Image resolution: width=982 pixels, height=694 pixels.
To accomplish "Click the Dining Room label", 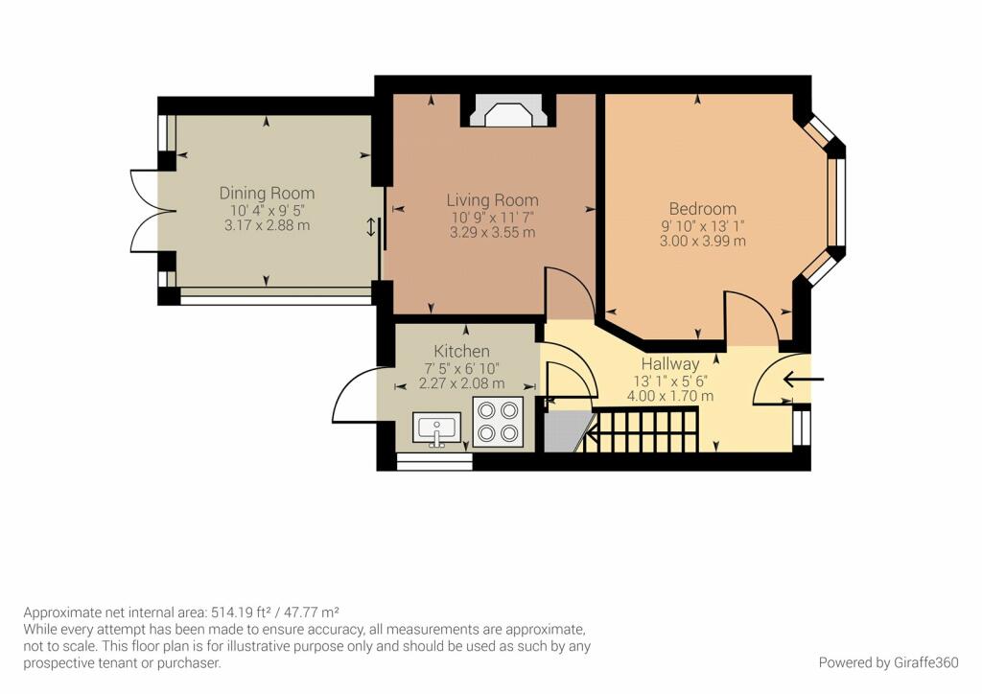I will [267, 193].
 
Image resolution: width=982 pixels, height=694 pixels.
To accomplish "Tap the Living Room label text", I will [492, 200].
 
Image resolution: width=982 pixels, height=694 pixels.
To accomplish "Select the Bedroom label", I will [702, 208].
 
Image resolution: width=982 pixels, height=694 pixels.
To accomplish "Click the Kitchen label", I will [461, 352].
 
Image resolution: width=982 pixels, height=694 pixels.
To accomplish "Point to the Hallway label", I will [670, 364].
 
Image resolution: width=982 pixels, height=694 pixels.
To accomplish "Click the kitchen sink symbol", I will [437, 428].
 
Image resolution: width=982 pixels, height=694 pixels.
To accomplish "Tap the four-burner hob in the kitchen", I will [498, 422].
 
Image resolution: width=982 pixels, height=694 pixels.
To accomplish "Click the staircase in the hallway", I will [643, 430].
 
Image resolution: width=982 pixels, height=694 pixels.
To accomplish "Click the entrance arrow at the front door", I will [804, 379].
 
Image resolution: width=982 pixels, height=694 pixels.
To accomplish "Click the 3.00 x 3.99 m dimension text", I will [702, 242].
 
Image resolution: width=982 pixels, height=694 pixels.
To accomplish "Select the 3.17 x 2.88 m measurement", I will [266, 226].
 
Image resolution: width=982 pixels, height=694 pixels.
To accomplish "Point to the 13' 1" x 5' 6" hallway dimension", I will [670, 381].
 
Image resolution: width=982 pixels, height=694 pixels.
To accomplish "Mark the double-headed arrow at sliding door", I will [371, 227].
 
